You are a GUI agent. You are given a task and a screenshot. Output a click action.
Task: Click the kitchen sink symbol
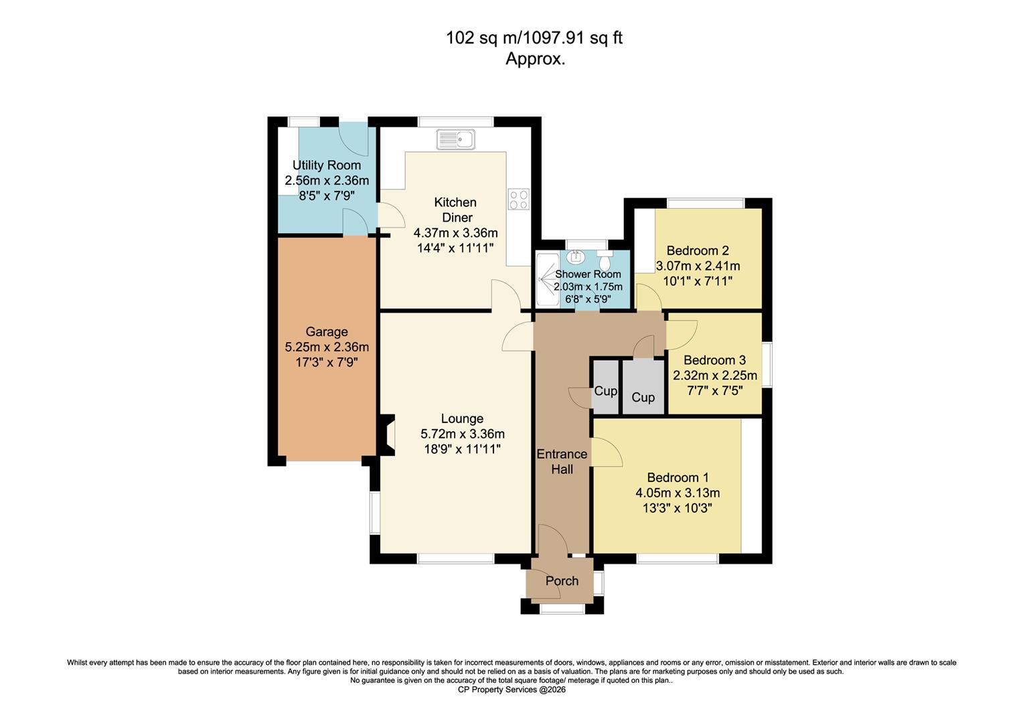click(x=455, y=140)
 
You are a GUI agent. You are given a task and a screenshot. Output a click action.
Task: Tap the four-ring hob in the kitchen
click(x=519, y=199)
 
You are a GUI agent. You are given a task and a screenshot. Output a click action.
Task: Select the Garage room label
click(x=327, y=331)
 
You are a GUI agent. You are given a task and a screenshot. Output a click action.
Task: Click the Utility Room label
click(x=327, y=165)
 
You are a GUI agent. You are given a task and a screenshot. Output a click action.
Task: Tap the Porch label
click(x=562, y=580)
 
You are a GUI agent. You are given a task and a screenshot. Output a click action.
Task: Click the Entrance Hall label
click(x=562, y=461)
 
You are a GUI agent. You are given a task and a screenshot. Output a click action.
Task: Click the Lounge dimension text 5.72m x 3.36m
click(x=462, y=434)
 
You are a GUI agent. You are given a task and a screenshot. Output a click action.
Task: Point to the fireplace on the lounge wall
click(x=388, y=436)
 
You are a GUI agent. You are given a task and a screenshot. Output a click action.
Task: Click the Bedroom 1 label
click(x=678, y=477)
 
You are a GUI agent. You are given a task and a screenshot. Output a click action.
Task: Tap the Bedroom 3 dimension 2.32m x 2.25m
click(x=714, y=375)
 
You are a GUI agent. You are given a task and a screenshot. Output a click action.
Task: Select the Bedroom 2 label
click(x=698, y=250)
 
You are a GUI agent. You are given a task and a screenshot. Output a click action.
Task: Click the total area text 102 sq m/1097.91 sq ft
click(x=534, y=38)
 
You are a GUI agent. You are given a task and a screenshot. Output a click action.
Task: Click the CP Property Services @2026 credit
click(x=511, y=690)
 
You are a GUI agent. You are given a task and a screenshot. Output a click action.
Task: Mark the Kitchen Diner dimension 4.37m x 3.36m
click(x=455, y=233)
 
